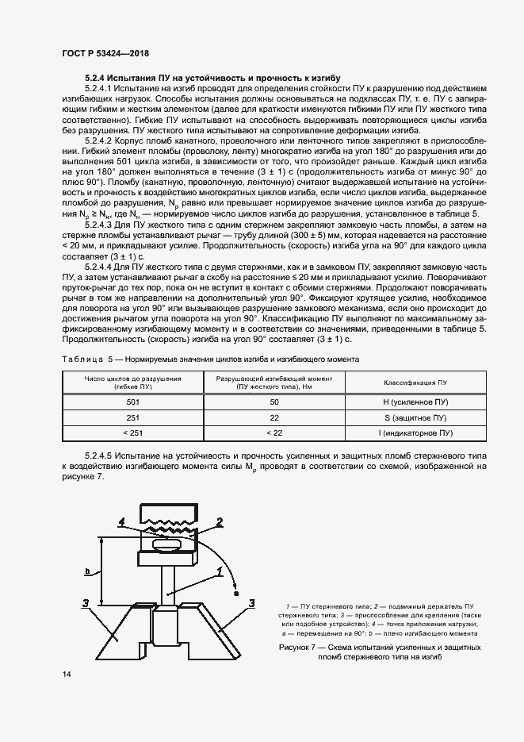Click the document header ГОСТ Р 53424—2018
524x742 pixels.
pos(105,53)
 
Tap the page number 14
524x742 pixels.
pos(67,674)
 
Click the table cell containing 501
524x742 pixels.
pos(132,403)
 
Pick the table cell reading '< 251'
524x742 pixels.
pos(132,433)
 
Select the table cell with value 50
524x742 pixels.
pos(274,403)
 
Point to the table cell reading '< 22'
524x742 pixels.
pos(274,433)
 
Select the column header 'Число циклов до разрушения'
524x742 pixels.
pos(132,379)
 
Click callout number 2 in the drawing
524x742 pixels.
pos(220,521)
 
